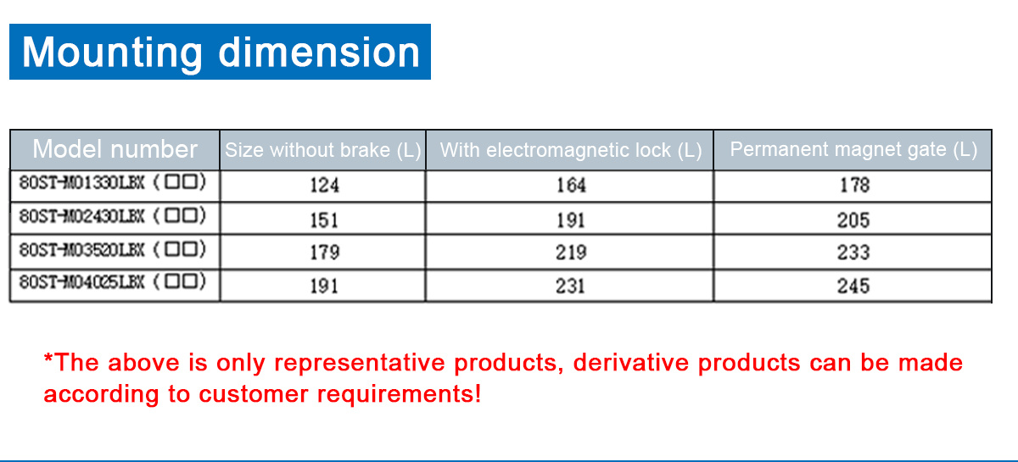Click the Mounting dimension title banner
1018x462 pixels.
pyautogui.click(x=220, y=52)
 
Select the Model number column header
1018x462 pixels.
pyautogui.click(x=115, y=149)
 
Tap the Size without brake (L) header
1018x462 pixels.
pyautogui.click(x=323, y=150)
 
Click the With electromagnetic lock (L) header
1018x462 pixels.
pyautogui.click(x=571, y=150)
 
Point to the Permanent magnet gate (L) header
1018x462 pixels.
pyautogui.click(x=853, y=149)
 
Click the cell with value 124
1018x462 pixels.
pyautogui.click(x=324, y=186)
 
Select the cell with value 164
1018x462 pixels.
pyautogui.click(x=571, y=186)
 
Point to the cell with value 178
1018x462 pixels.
pyautogui.click(x=854, y=185)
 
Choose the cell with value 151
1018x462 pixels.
pyautogui.click(x=324, y=220)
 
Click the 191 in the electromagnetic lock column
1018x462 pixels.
pyautogui.click(x=571, y=220)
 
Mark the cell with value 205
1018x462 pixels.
pyautogui.click(x=853, y=220)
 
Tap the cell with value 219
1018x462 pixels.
pyautogui.click(x=571, y=252)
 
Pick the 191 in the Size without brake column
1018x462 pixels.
pyautogui.click(x=324, y=287)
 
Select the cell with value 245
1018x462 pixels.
pyautogui.click(x=853, y=286)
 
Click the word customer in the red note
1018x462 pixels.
pyautogui.click(x=254, y=393)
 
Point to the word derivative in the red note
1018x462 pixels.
pyautogui.click(x=631, y=363)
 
